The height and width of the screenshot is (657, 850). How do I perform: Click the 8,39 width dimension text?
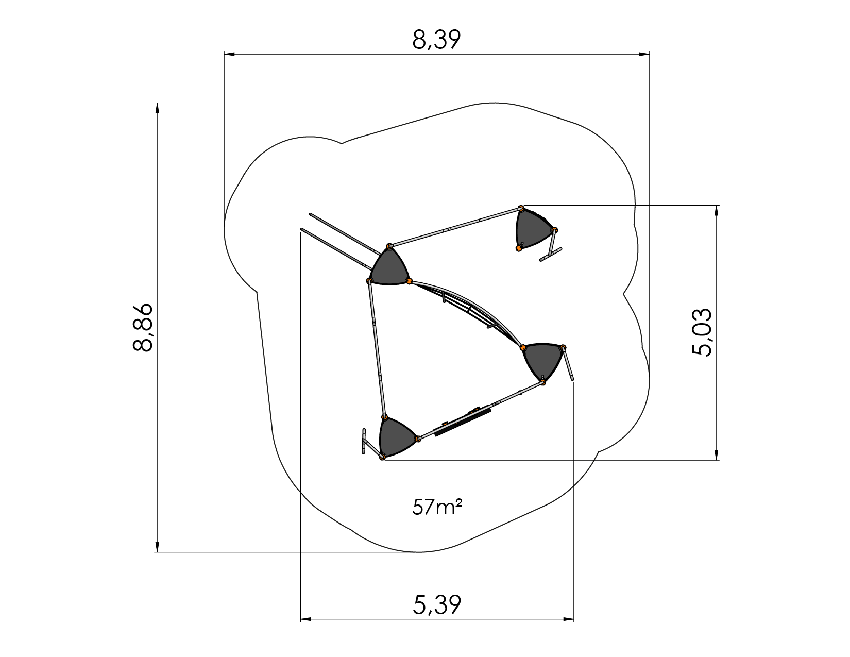pos(436,40)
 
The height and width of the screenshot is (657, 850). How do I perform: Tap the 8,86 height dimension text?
pos(143,328)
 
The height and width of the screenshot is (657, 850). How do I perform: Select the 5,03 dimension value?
pos(702,332)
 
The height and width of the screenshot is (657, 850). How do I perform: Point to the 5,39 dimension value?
pos(437,605)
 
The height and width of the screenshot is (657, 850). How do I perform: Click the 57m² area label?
pos(437,507)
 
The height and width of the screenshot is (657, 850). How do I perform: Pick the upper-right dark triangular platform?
pos(534,228)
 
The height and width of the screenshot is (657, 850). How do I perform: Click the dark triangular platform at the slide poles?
pos(389,266)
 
